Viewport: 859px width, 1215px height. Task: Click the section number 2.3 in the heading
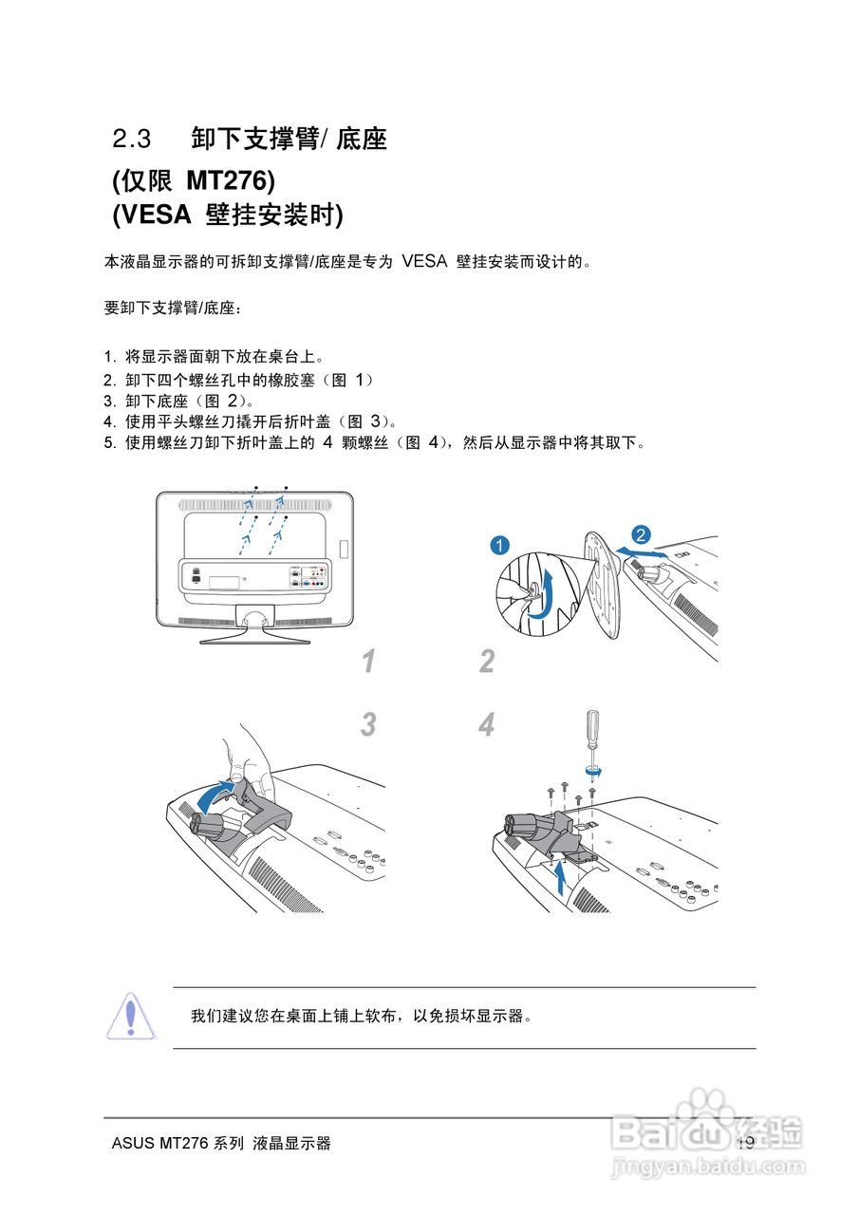click(x=131, y=139)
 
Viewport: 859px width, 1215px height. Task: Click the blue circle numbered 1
click(x=499, y=545)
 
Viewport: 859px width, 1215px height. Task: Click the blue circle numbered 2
click(x=641, y=534)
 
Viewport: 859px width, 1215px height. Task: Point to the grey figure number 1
click(x=369, y=661)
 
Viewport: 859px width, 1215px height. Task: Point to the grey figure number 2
click(x=487, y=661)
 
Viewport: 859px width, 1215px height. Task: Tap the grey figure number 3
click(x=369, y=724)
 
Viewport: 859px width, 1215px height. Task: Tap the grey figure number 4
click(x=486, y=724)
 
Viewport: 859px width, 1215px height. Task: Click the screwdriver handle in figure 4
click(x=593, y=726)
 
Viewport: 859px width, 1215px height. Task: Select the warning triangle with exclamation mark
click(x=130, y=1016)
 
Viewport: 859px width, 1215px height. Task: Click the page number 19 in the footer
click(x=746, y=1143)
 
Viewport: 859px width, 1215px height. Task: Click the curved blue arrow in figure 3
click(x=215, y=795)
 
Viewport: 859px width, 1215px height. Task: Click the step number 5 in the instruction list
click(x=109, y=442)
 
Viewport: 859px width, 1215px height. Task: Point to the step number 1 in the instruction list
click(x=109, y=357)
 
